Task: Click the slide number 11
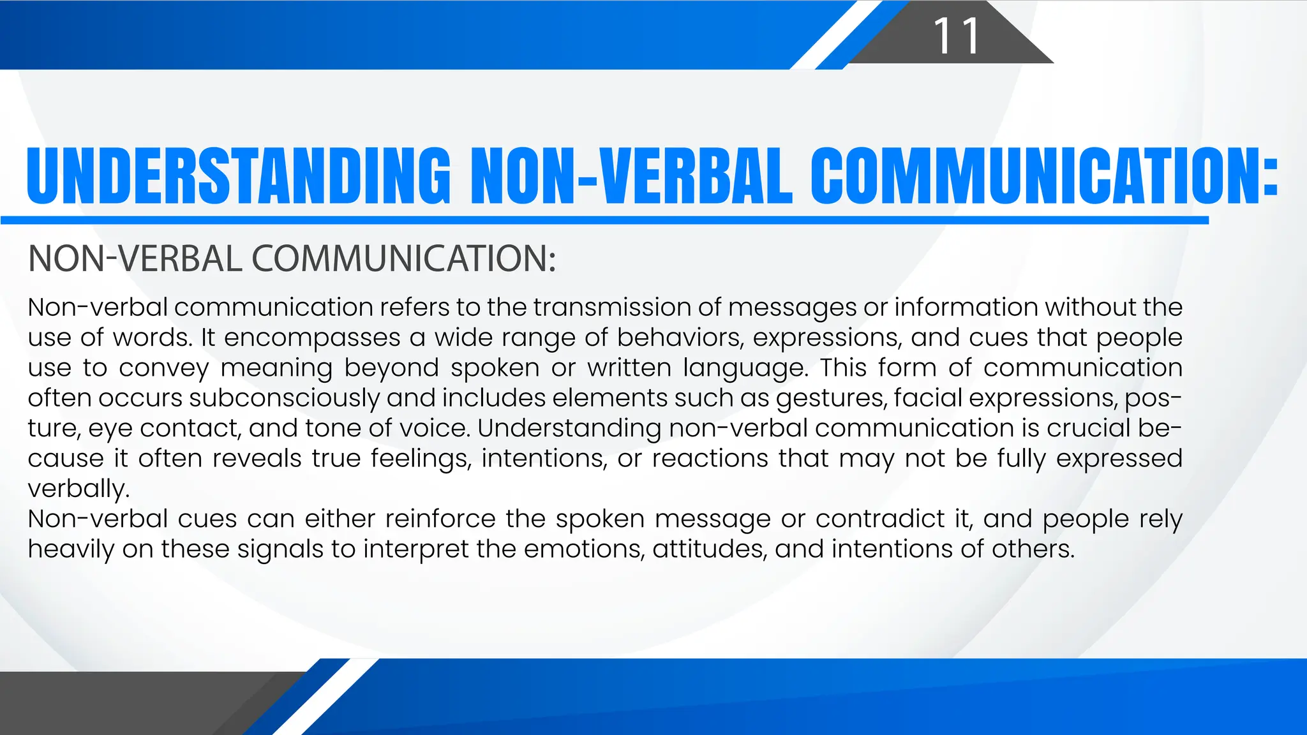point(956,36)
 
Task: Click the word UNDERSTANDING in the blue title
point(239,176)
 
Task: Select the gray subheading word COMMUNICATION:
point(403,259)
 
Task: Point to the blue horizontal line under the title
point(605,220)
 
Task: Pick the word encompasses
point(312,338)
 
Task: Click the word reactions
point(710,459)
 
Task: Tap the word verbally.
point(78,489)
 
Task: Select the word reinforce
point(440,519)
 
